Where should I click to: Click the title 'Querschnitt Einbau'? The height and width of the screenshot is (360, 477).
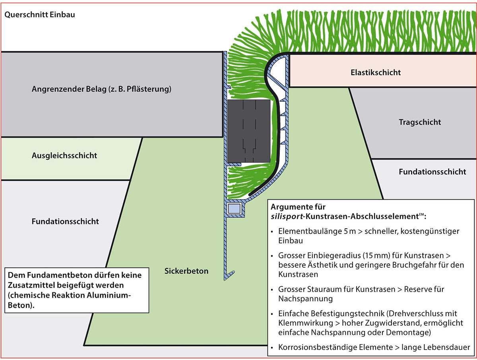[x=39, y=15]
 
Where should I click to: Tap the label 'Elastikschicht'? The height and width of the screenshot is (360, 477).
[x=376, y=73]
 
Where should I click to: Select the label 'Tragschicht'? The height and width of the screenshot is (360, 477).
[x=420, y=122]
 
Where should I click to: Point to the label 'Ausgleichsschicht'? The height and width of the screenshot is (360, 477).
[x=64, y=156]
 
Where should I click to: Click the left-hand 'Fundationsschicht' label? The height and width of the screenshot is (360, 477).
[x=65, y=221]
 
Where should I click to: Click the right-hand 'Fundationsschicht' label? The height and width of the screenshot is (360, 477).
[x=432, y=172]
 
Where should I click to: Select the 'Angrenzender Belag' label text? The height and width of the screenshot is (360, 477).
[x=101, y=89]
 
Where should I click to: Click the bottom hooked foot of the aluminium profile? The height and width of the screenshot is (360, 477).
[x=229, y=275]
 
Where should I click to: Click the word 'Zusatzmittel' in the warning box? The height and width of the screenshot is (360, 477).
[x=30, y=286]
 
